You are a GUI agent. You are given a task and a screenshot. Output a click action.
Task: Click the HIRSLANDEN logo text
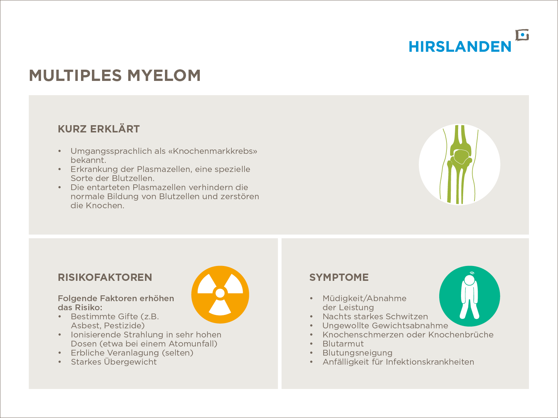(460, 47)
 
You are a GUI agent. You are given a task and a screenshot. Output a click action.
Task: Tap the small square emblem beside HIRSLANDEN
(522, 35)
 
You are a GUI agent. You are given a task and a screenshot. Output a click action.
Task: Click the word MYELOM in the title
(164, 75)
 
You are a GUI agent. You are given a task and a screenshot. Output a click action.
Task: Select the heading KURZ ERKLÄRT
(99, 129)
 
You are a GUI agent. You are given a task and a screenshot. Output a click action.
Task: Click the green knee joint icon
(459, 164)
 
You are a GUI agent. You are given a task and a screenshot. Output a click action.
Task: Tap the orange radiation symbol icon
(220, 294)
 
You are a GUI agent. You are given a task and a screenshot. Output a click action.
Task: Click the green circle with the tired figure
(469, 296)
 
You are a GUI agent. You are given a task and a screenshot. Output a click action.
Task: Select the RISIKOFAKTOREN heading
(105, 278)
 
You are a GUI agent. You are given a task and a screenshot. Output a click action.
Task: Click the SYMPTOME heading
(339, 278)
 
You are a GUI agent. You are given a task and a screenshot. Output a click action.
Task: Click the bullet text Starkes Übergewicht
(114, 362)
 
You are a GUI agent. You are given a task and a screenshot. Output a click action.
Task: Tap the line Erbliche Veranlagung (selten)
(132, 353)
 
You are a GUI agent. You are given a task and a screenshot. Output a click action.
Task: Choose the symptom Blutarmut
(343, 344)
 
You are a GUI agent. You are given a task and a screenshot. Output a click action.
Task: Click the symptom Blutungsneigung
(357, 353)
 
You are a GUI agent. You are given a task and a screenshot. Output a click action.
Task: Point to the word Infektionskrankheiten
(430, 362)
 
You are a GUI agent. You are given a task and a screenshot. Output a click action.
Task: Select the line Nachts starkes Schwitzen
(375, 317)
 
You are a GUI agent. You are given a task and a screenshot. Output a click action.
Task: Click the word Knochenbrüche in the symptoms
(461, 335)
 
